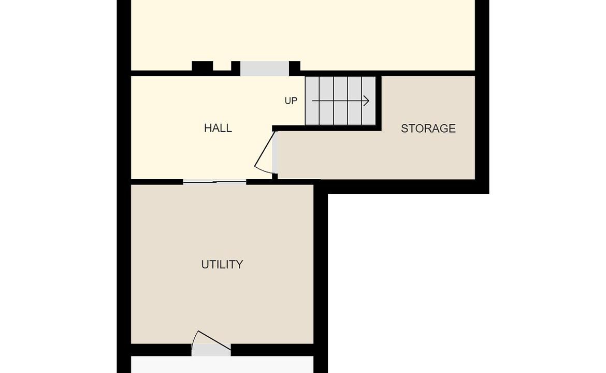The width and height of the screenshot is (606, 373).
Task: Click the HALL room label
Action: tap(218, 128)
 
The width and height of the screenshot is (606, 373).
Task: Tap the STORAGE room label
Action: tap(428, 128)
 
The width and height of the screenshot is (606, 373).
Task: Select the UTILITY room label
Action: tap(222, 264)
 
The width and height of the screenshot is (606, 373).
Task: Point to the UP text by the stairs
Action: tap(291, 101)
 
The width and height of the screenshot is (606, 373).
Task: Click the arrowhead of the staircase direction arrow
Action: tap(367, 101)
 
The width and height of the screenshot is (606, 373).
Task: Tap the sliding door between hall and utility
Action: tap(214, 181)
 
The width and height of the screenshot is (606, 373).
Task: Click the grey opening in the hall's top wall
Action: tap(265, 69)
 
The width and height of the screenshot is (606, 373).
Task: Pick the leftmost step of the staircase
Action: tap(312, 101)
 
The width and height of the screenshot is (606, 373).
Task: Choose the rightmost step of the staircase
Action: tap(369, 101)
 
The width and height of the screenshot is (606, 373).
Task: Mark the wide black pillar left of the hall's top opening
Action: tap(203, 66)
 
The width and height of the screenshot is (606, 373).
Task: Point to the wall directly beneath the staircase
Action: tap(327, 128)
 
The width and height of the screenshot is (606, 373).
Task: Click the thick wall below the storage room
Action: tap(402, 187)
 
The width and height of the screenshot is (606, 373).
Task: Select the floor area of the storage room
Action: tap(386, 154)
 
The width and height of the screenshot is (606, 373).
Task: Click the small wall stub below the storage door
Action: tap(275, 177)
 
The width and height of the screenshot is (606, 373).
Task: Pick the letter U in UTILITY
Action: tap(205, 264)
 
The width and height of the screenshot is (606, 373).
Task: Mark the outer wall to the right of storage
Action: tap(482, 97)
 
